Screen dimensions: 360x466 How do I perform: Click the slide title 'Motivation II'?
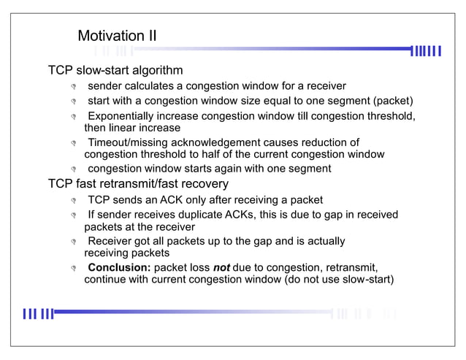click(x=117, y=36)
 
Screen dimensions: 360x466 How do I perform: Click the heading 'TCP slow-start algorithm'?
click(x=115, y=71)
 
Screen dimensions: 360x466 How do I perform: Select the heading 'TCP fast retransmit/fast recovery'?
click(x=138, y=183)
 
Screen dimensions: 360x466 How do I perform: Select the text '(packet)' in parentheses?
click(x=392, y=100)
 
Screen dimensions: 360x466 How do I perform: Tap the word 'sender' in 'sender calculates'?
click(x=105, y=86)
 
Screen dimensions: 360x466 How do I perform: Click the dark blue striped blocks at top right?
click(x=427, y=50)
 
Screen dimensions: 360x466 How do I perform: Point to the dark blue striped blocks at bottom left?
click(x=38, y=314)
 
